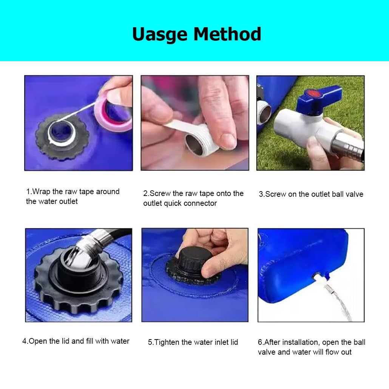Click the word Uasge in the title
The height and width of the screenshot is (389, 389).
[x=160, y=34]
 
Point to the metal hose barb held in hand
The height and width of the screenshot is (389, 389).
[x=347, y=147]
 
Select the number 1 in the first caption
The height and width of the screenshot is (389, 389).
[x=28, y=192]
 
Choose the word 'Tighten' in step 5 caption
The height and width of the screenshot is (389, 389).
[x=167, y=343]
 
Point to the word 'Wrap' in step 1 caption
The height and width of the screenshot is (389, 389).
[x=41, y=192]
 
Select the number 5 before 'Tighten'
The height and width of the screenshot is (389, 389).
[x=150, y=342]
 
